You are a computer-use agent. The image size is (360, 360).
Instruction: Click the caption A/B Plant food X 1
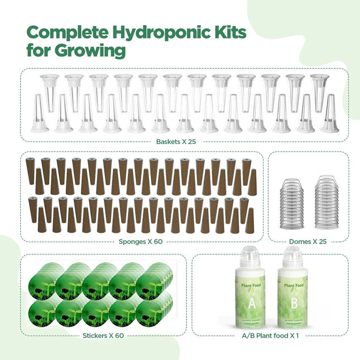point(270,337)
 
